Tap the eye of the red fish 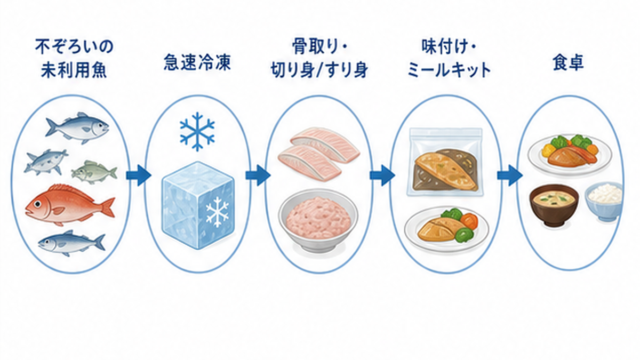pos(37,204)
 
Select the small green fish pos(94,172)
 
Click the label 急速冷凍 pos(197,62)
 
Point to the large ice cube pos(198,205)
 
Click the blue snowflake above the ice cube pos(197,131)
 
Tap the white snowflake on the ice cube pos(218,212)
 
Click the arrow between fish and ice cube pos(139,175)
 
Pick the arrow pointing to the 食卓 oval pos(510,175)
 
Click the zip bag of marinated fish pos(445,162)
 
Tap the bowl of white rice pos(604,202)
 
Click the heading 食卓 pos(568,62)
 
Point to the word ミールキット pos(449,70)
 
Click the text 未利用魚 pos(74,70)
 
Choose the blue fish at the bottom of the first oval pos(71,243)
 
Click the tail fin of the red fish pos(107,207)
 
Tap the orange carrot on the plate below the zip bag pos(469,222)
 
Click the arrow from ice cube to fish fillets pos(258,175)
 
